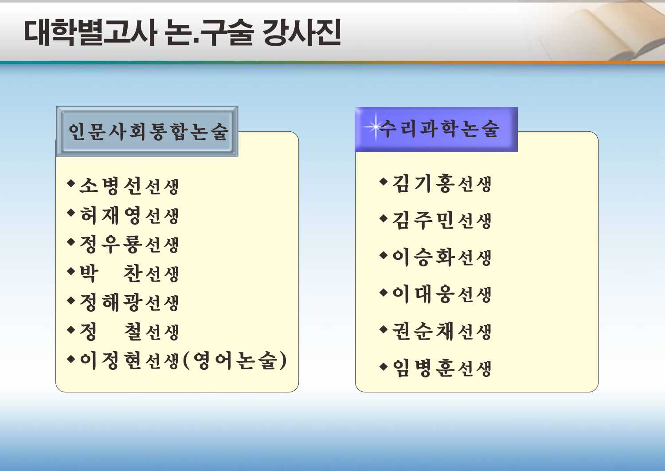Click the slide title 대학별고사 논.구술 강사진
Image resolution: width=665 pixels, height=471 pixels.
point(182,33)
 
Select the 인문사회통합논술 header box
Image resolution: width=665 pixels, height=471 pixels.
point(147,131)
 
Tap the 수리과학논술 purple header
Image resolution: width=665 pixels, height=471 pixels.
point(436,129)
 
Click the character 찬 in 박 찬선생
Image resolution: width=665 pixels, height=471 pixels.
point(132,273)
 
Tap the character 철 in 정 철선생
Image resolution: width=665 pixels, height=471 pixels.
point(132,332)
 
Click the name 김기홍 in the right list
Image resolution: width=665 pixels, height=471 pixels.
point(423,183)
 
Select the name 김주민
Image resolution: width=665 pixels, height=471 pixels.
point(423,220)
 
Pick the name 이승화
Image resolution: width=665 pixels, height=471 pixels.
point(423,257)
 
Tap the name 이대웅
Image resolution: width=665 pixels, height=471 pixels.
point(423,294)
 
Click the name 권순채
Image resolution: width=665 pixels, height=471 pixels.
point(423,331)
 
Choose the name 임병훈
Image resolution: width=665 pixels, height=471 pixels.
point(423,368)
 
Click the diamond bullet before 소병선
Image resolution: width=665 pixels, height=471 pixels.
point(71,183)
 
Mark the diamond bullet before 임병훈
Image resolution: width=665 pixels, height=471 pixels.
point(383,366)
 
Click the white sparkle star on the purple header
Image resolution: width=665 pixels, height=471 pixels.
point(375,127)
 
